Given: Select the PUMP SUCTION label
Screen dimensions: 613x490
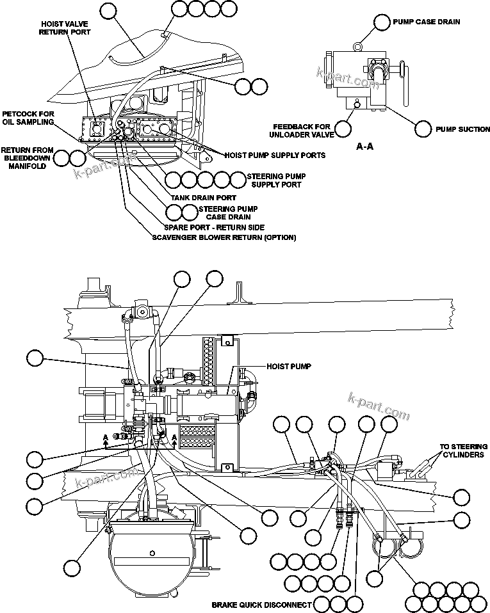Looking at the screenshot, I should tap(462, 129).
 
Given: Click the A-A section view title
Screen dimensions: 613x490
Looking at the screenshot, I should tap(364, 147).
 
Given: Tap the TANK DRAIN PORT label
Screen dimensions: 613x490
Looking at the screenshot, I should tap(203, 198).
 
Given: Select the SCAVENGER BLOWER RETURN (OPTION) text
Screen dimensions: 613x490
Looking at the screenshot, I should tap(224, 237).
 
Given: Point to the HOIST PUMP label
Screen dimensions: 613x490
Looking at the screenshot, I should tap(288, 367).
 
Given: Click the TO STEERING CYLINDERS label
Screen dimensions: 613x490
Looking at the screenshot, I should tap(463, 450).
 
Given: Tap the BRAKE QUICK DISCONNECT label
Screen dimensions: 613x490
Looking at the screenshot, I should tap(261, 605).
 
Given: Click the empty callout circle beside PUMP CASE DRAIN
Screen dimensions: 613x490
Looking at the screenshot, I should tap(382, 22).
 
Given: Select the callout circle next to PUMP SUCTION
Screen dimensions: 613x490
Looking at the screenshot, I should tap(423, 129).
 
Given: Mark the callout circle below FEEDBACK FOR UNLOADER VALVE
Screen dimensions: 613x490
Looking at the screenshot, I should tap(343, 129).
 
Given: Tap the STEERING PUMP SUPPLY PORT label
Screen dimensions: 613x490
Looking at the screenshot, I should tap(275, 180).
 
